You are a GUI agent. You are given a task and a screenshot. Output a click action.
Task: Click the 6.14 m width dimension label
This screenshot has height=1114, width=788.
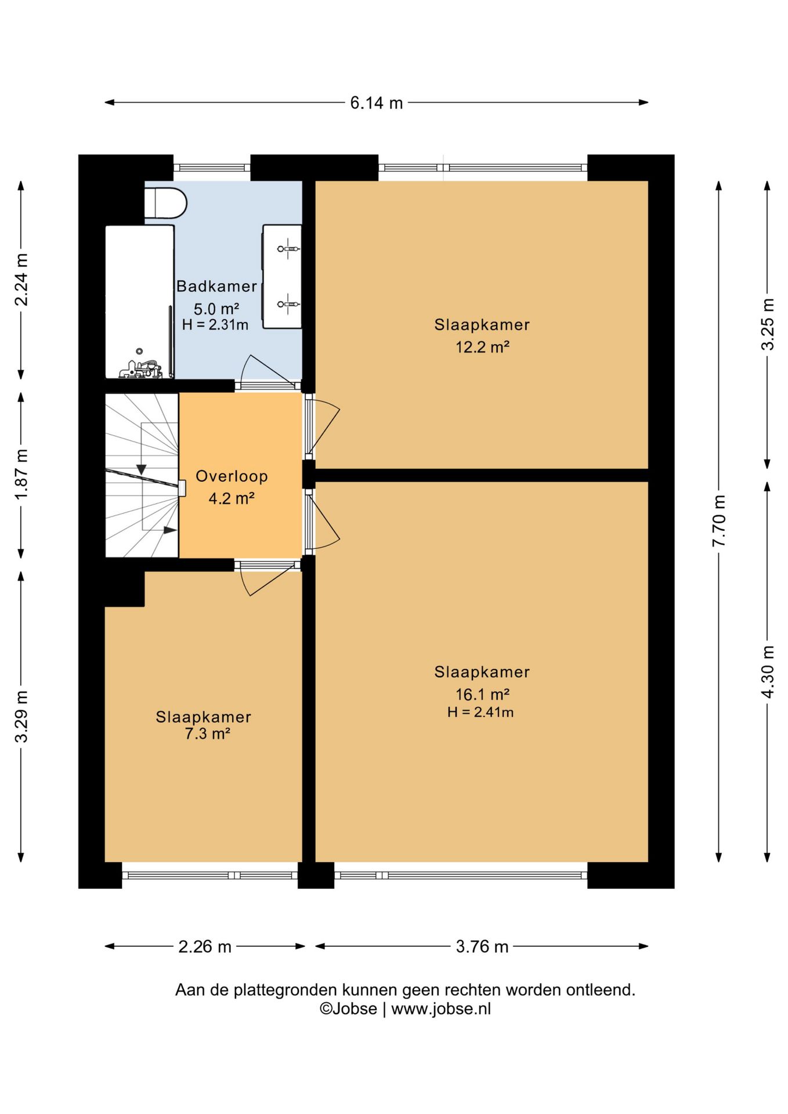tap(376, 103)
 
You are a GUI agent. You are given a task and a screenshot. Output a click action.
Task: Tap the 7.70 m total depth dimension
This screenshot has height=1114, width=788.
tap(719, 520)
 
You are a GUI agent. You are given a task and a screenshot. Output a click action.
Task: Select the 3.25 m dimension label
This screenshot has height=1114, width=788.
tap(767, 324)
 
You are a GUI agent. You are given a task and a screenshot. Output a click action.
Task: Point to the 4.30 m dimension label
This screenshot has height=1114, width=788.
tap(767, 672)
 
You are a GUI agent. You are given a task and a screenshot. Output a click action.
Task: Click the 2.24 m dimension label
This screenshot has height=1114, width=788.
tap(21, 280)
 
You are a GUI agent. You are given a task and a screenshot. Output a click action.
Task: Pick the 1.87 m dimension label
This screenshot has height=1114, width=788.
tap(21, 475)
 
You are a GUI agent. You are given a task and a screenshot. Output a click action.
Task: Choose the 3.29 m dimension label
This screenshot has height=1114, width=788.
tap(21, 716)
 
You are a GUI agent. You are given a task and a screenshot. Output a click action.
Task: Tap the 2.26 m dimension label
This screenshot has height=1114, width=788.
tap(205, 946)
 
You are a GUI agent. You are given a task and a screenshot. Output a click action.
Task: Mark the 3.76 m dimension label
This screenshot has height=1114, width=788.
tap(482, 946)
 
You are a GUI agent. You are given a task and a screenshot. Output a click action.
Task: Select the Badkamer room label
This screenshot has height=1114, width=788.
tap(216, 286)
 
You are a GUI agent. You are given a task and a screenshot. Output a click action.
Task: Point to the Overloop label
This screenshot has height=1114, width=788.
tap(232, 476)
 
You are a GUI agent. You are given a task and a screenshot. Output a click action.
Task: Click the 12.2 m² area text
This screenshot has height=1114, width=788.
tap(482, 347)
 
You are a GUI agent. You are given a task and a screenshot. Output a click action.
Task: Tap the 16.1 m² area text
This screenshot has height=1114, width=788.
tap(482, 694)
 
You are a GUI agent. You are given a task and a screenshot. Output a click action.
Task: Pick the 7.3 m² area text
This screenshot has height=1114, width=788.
tap(208, 734)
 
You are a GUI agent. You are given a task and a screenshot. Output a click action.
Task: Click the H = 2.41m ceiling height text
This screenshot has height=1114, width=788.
tap(480, 712)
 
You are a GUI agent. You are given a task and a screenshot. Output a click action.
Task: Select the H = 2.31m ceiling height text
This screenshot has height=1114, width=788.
tap(215, 325)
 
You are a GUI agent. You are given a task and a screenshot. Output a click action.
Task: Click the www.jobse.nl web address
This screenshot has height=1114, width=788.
tap(441, 1009)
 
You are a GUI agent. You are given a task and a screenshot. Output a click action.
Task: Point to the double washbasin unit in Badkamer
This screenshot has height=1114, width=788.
tap(282, 277)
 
